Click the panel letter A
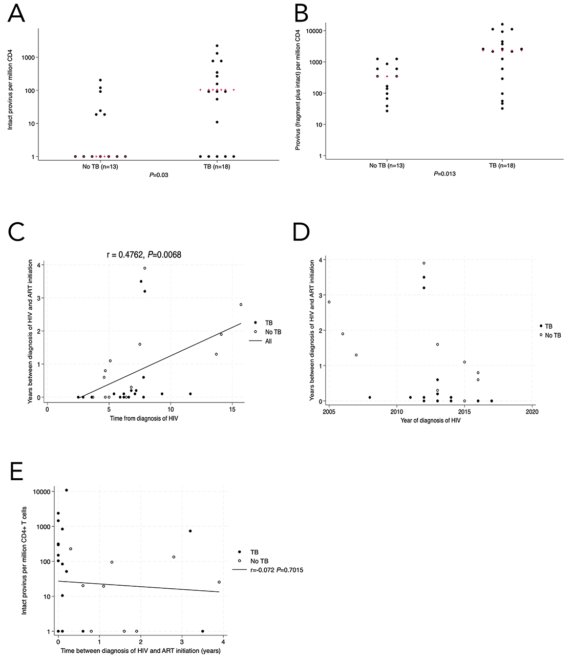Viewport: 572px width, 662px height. coord(16,13)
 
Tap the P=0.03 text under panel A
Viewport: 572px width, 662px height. coord(158,175)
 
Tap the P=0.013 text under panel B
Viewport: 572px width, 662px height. coord(444,174)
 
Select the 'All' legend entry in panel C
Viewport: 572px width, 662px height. coord(268,341)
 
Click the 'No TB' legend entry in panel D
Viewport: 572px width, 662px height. coord(553,335)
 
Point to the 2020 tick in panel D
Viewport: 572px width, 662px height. coord(532,411)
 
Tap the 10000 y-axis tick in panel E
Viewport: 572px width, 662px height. coord(38,492)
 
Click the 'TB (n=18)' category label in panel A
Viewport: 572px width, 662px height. coord(217,167)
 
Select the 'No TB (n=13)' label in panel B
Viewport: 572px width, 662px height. coord(387,166)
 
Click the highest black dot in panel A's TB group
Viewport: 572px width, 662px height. coord(217,46)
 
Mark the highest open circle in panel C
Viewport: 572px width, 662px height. coord(145,268)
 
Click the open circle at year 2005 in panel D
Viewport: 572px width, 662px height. coord(329,302)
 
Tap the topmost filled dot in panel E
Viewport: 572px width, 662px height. coord(66,490)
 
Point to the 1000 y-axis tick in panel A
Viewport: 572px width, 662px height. coord(28,57)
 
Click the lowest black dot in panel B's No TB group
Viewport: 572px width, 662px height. coord(387,111)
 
